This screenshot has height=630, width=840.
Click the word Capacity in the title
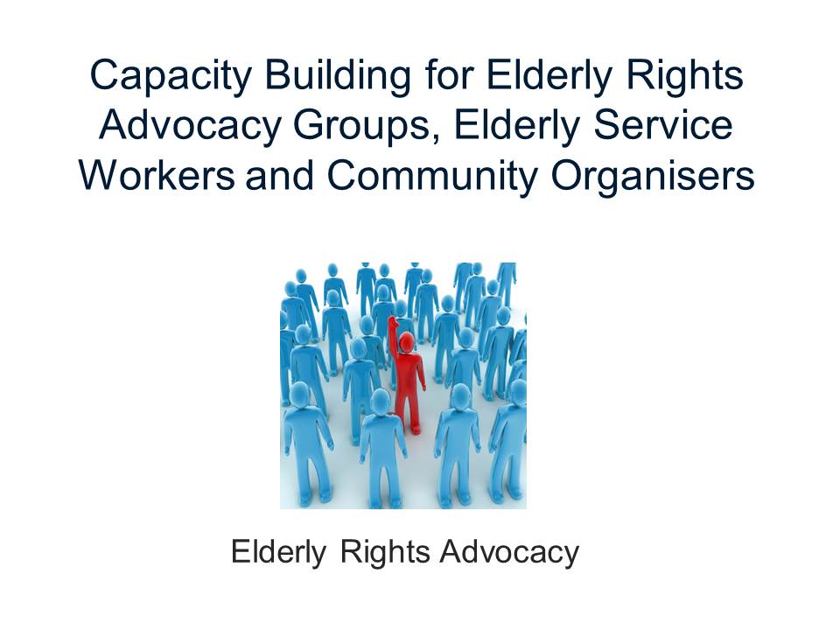tap(171, 77)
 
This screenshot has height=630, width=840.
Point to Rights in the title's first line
tap(685, 77)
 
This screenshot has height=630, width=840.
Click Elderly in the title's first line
tap(549, 77)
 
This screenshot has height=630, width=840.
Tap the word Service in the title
tap(663, 124)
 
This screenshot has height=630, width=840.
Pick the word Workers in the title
tap(157, 175)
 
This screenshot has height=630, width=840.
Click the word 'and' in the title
tap(280, 175)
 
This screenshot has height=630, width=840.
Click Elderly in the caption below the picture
tap(278, 553)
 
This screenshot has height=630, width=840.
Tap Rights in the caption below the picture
tap(385, 553)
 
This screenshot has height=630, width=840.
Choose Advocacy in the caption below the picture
tap(509, 553)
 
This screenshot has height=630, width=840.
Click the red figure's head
tap(407, 342)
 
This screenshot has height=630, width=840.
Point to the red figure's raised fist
tap(393, 321)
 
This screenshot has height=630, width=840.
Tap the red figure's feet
tap(414, 429)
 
